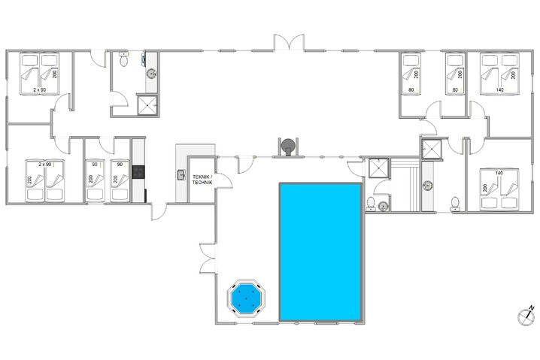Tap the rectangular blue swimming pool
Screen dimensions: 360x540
tap(320, 251)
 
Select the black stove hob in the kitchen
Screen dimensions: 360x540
tap(138, 171)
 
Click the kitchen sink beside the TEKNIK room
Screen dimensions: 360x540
tap(181, 176)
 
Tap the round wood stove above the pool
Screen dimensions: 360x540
tap(287, 147)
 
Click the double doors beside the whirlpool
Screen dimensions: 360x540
tap(205, 259)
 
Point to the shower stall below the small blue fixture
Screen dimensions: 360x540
tap(147, 105)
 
